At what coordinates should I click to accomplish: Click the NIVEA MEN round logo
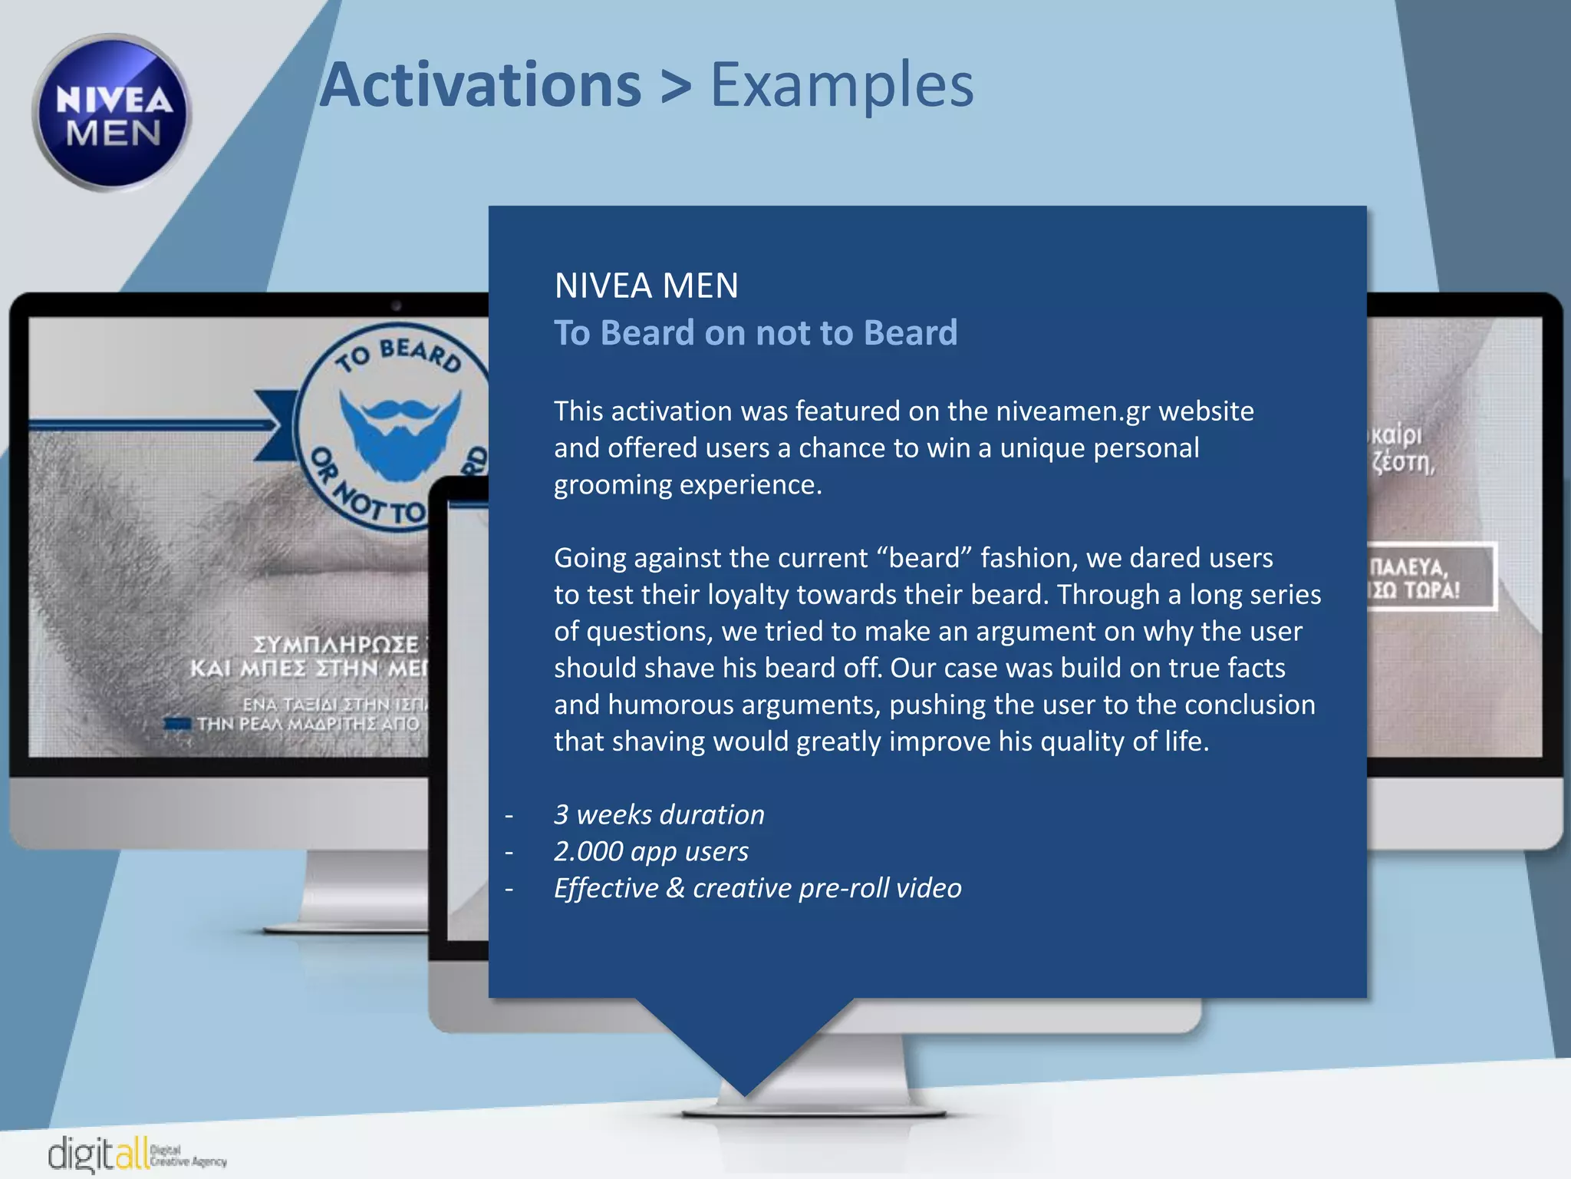pos(112,113)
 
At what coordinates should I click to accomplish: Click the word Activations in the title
pos(480,84)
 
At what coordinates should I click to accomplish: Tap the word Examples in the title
pos(841,84)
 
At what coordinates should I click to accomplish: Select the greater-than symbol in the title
pos(675,86)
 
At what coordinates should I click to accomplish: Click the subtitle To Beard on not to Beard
pos(755,333)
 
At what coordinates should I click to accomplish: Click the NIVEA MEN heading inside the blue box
pos(646,286)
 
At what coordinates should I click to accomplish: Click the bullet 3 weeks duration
pos(658,814)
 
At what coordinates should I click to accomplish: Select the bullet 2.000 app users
pos(650,851)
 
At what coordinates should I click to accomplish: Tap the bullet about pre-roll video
pos(756,888)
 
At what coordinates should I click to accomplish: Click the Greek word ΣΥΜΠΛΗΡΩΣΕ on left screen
pos(336,644)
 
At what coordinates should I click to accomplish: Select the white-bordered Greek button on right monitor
pos(1431,577)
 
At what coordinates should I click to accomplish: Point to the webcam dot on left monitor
pos(396,305)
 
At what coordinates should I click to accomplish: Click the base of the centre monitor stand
pos(813,1112)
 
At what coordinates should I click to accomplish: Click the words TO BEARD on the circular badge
pos(399,355)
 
